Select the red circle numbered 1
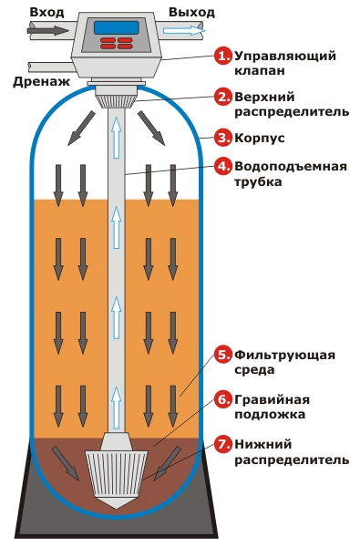[223, 57]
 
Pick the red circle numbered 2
[223, 97]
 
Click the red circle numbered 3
[223, 138]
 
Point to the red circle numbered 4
[223, 167]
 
